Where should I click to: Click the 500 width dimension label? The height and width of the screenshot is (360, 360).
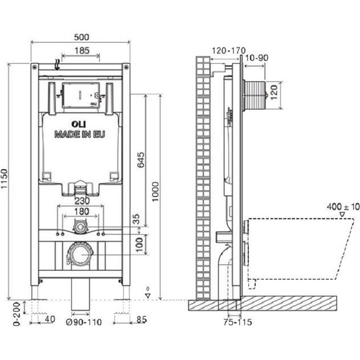[x=81, y=37]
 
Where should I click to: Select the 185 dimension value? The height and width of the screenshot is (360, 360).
[x=82, y=51]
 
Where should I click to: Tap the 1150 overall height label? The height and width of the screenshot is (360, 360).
[x=4, y=179]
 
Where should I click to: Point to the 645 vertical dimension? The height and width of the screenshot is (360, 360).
[x=140, y=160]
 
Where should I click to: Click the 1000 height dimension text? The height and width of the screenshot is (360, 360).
[x=155, y=192]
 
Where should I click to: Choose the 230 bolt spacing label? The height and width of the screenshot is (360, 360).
[x=82, y=201]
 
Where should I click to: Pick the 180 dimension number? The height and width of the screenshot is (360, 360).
[x=82, y=211]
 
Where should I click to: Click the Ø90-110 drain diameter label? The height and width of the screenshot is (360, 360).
[x=84, y=322]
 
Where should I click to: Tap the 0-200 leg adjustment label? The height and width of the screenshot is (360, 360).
[x=16, y=314]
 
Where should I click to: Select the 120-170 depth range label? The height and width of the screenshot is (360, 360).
[x=229, y=51]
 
